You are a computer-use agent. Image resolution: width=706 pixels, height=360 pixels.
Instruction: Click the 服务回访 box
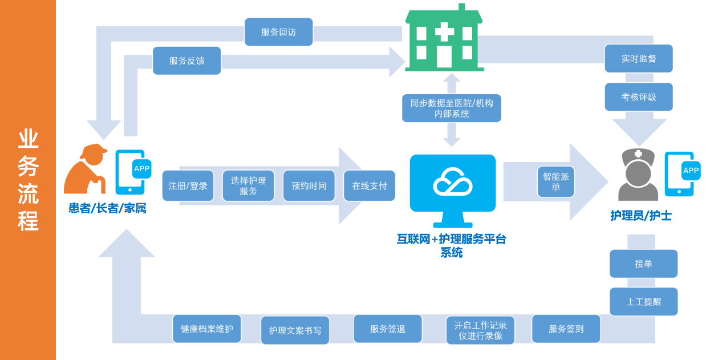278,32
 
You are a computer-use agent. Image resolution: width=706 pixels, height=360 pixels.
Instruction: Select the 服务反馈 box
186,60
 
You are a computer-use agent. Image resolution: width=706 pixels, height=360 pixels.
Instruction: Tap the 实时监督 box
638,58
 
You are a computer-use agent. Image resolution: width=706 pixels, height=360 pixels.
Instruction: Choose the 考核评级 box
638,97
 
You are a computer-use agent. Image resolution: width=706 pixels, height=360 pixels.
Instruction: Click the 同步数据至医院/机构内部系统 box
451,108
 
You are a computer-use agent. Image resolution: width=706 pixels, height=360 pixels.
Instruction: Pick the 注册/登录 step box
188,185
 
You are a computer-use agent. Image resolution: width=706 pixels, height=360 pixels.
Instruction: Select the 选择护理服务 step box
248,185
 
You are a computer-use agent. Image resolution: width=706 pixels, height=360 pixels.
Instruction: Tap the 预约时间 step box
309,185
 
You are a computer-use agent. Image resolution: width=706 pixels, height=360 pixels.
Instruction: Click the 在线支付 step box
369,185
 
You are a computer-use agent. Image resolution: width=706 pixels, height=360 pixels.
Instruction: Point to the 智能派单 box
555,182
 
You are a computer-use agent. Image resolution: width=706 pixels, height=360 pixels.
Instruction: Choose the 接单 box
643,264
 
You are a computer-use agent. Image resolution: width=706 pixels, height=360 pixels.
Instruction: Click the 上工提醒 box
643,301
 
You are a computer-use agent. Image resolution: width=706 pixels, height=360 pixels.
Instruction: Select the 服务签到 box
566,329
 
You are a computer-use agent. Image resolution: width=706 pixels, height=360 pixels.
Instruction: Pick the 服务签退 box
388,329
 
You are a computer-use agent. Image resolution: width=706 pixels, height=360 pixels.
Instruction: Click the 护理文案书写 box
295,330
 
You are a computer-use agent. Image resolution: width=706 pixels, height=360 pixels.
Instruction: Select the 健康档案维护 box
206,329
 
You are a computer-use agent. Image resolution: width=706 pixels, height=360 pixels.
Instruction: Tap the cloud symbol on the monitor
452,181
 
